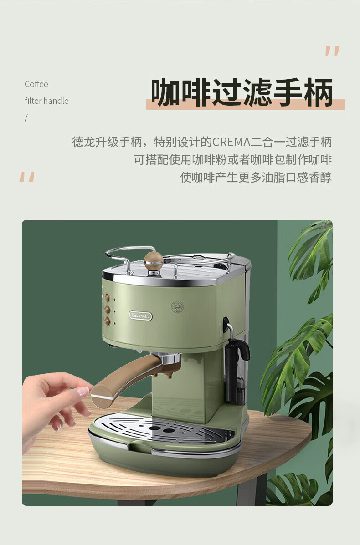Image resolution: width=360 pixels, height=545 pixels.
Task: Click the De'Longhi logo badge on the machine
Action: pyautogui.click(x=140, y=316)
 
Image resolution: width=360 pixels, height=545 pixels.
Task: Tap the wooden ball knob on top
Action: pyautogui.click(x=154, y=261)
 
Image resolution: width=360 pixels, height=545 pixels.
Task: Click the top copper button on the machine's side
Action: pyautogui.click(x=108, y=297)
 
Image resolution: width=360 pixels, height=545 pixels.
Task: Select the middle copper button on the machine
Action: pyautogui.click(x=108, y=309)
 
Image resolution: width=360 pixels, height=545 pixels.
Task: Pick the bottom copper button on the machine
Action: pyautogui.click(x=108, y=321)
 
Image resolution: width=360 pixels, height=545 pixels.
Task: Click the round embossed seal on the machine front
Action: pyautogui.click(x=177, y=306)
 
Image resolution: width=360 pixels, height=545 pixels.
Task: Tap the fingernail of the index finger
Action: pyautogui.click(x=83, y=392)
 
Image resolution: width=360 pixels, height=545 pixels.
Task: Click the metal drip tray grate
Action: pyautogui.click(x=164, y=430)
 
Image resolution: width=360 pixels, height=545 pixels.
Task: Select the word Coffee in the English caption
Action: pyautogui.click(x=36, y=84)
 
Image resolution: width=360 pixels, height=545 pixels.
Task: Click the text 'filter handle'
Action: pyautogui.click(x=46, y=101)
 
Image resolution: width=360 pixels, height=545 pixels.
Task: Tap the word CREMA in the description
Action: pyautogui.click(x=231, y=142)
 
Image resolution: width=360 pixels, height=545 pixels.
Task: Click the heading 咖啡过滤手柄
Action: pyautogui.click(x=242, y=92)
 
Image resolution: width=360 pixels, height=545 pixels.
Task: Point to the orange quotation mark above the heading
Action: pyautogui.click(x=332, y=51)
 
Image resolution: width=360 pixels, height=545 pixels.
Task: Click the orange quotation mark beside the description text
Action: pyautogui.click(x=27, y=177)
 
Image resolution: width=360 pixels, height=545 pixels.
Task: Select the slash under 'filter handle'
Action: pyautogui.click(x=26, y=118)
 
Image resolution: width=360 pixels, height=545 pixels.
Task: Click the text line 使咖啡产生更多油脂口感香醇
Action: pyautogui.click(x=256, y=177)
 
